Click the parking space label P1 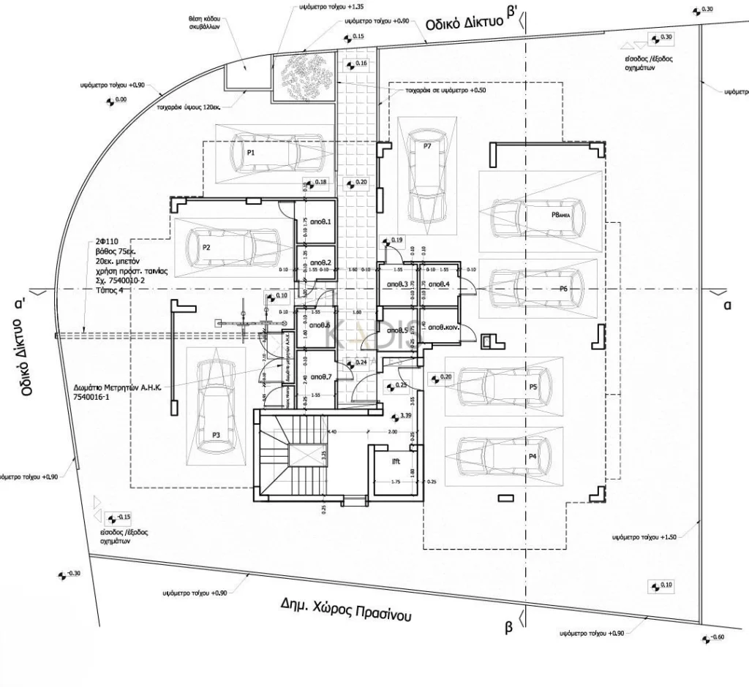coord(250,153)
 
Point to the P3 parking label coord(217,435)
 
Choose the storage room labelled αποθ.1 coord(320,222)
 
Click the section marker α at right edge coord(727,305)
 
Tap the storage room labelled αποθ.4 coord(438,284)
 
